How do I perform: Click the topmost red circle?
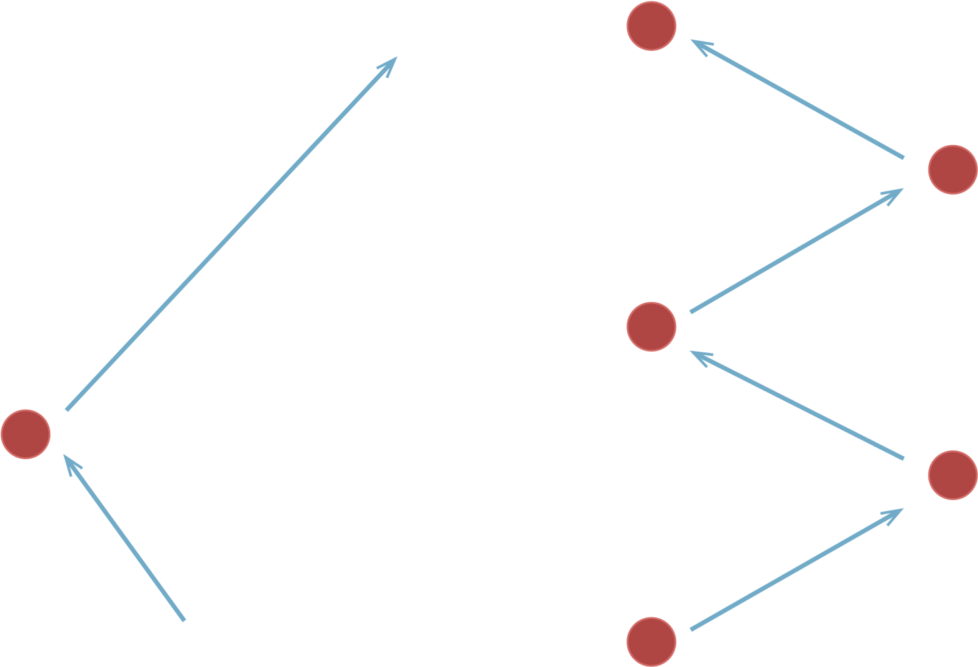(x=651, y=26)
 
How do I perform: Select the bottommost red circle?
(x=651, y=641)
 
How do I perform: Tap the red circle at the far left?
(x=26, y=433)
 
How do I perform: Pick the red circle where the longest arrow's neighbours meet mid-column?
(x=651, y=326)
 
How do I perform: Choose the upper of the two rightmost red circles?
(x=952, y=170)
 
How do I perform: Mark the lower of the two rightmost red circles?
(x=952, y=475)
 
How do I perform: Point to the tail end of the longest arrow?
(x=67, y=410)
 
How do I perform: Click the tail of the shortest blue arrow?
(x=184, y=620)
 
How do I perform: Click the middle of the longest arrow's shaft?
(x=231, y=234)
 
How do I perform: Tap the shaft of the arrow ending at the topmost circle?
(x=798, y=100)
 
